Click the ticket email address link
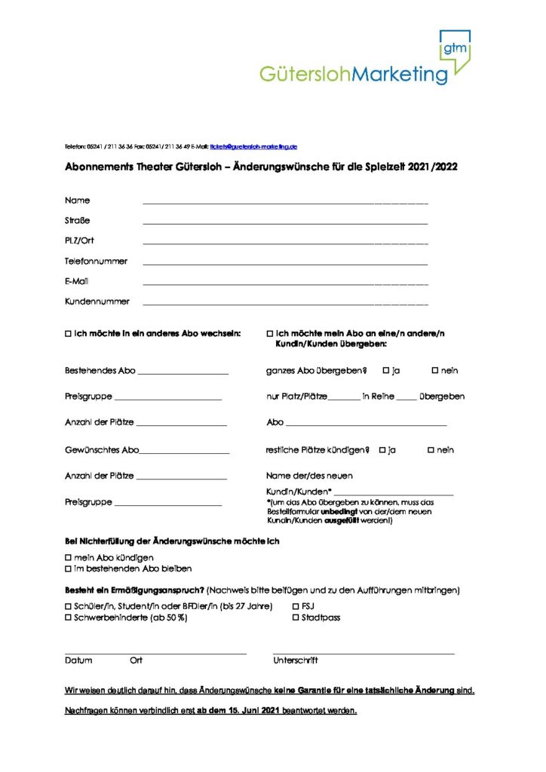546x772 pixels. coord(254,146)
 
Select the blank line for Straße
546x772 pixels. coord(285,224)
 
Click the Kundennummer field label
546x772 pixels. coord(97,302)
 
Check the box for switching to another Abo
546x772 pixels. coord(69,333)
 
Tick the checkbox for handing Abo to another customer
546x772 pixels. coord(270,333)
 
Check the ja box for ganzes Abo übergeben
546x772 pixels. coord(386,370)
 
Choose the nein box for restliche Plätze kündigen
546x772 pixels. coord(431,450)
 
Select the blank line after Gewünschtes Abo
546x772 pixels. coord(184,452)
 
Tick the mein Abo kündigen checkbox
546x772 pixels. coord(69,557)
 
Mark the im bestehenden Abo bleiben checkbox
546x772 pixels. coord(69,568)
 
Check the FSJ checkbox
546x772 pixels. coord(295,606)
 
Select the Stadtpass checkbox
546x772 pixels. coord(295,617)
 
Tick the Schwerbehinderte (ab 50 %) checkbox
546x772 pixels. coord(69,617)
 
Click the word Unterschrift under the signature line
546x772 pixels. coord(296,660)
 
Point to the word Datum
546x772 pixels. coord(78,660)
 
